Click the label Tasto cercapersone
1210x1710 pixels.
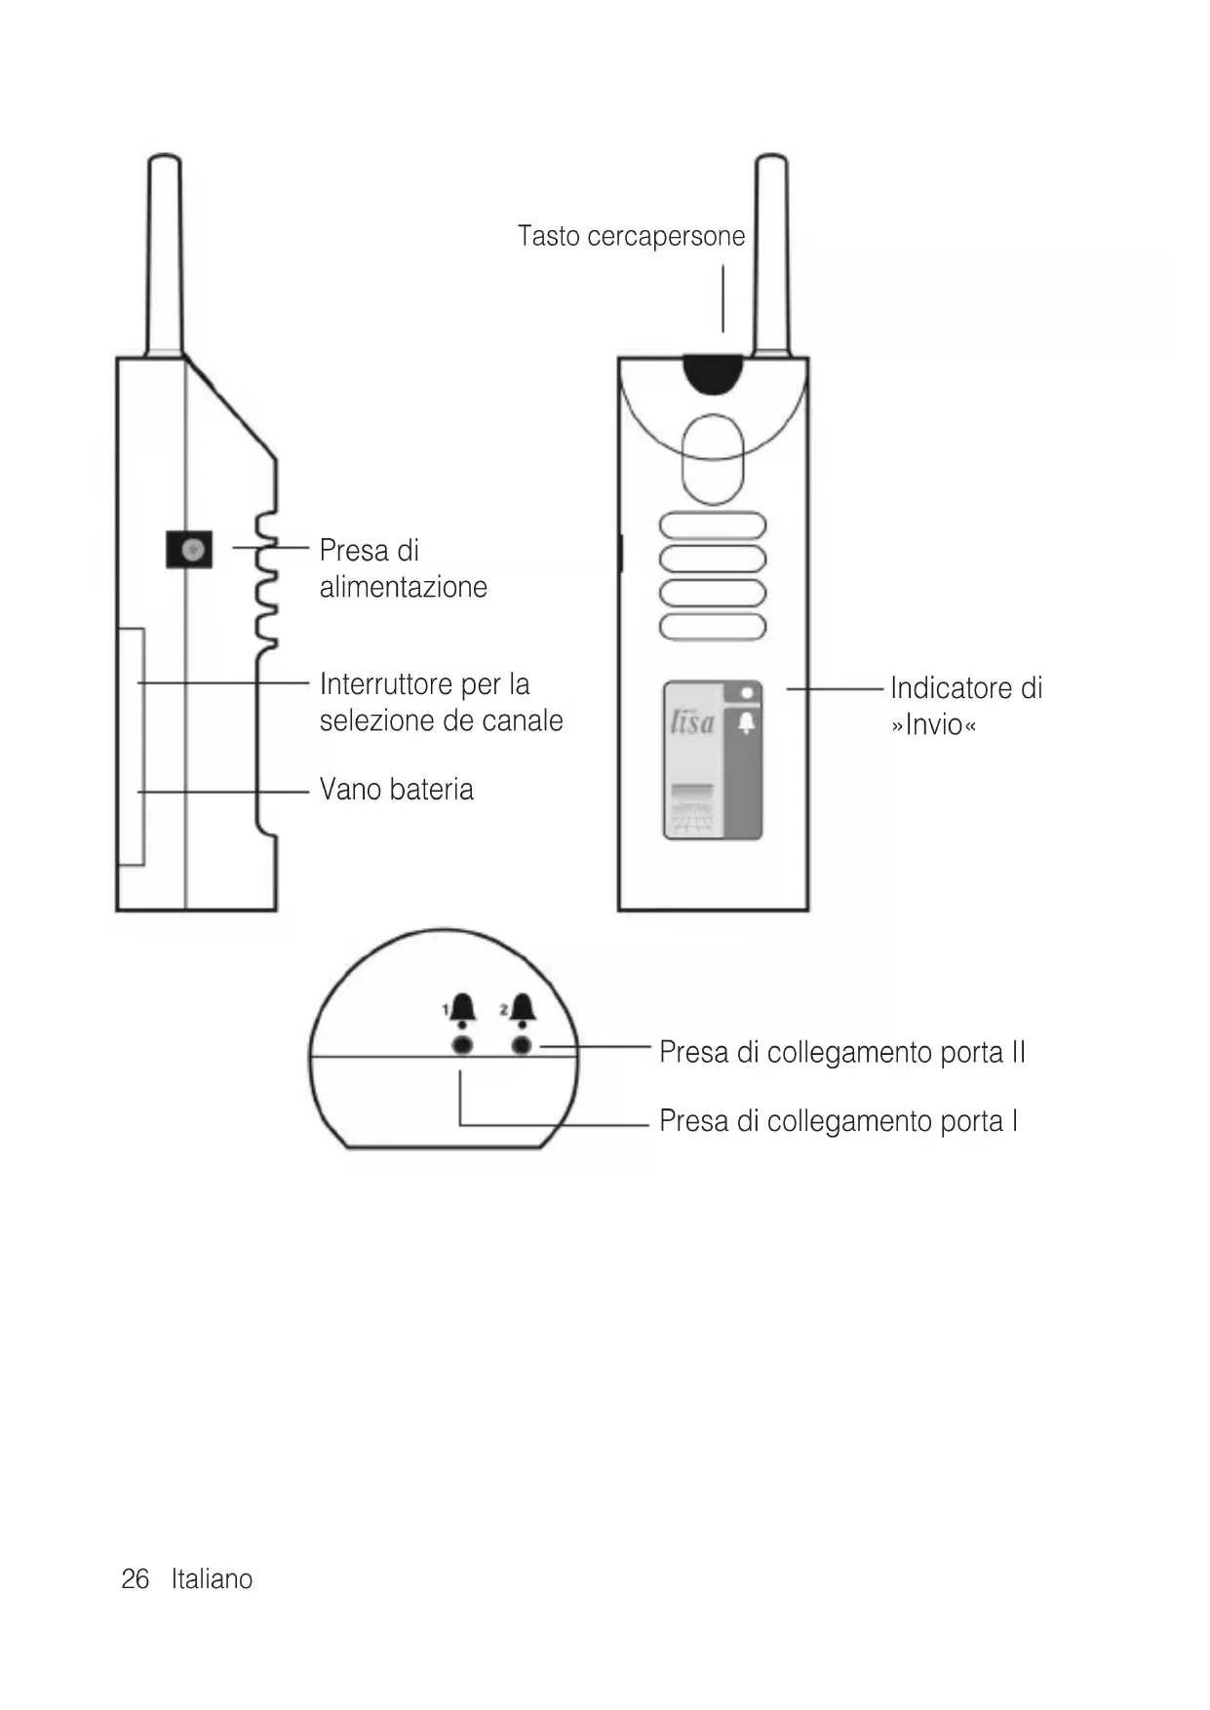tap(631, 237)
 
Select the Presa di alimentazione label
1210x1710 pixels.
tap(403, 568)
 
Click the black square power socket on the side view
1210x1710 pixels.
tap(189, 550)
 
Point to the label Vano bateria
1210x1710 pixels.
tap(396, 790)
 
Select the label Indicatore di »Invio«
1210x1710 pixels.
tap(965, 706)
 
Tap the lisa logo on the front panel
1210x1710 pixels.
tap(692, 722)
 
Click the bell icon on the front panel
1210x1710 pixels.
tap(746, 723)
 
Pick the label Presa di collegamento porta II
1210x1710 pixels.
tap(841, 1053)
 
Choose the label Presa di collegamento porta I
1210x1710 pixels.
tap(838, 1121)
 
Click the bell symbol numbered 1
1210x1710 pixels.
tap(462, 1009)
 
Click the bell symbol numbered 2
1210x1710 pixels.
tap(523, 1009)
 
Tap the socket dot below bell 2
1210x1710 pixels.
tap(522, 1045)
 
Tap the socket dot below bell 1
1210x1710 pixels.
tap(463, 1045)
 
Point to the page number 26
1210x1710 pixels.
tap(135, 1579)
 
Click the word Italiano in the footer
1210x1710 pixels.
tap(212, 1579)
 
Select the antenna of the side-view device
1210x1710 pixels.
tap(164, 253)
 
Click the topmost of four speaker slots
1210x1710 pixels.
tap(713, 525)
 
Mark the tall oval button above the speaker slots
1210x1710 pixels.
tap(713, 459)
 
